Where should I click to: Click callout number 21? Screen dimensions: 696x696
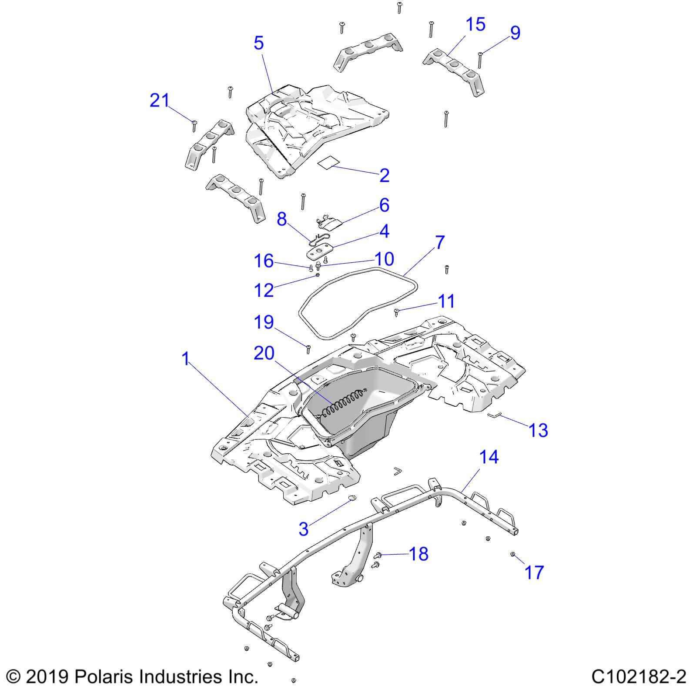(159, 101)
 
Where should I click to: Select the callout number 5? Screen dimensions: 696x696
(259, 43)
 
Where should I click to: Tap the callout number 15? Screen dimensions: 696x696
(475, 24)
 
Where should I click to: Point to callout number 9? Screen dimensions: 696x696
(515, 33)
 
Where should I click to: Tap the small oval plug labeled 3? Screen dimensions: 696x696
(352, 497)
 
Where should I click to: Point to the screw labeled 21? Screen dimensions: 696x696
(194, 126)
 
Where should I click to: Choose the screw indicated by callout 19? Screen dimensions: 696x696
(308, 349)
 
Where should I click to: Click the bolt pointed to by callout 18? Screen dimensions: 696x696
(378, 555)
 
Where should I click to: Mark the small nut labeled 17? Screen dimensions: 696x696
(512, 554)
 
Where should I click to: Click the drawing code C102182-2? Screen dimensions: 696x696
(639, 677)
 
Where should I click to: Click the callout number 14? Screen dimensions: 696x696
(489, 457)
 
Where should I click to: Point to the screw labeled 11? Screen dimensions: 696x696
(397, 311)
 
